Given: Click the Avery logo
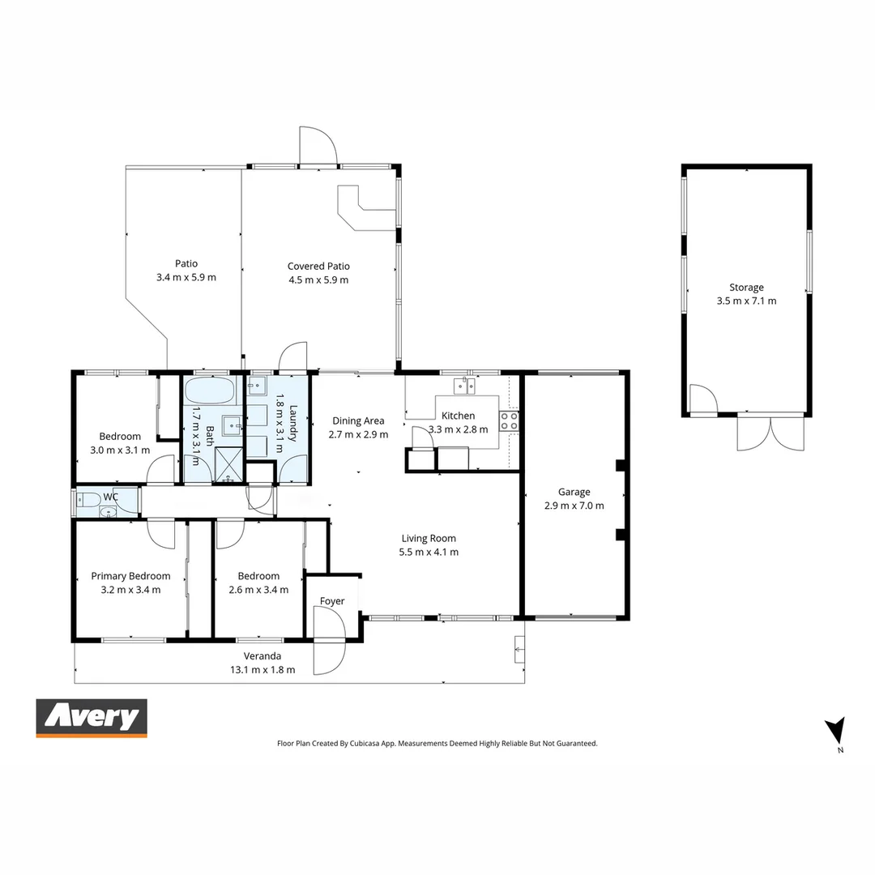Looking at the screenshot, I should (x=92, y=718).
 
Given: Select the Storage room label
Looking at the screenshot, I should (x=746, y=288).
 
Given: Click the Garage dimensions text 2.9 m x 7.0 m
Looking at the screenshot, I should (x=574, y=506).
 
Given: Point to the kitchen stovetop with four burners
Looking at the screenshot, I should (x=510, y=420).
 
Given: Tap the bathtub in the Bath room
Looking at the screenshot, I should (x=209, y=392).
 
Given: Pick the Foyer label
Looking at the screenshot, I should (x=332, y=601).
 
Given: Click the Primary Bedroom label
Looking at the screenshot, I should (x=130, y=576).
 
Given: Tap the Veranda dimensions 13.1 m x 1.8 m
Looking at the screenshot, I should (x=263, y=670).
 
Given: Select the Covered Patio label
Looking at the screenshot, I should (x=318, y=266).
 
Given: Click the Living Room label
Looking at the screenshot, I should (x=429, y=538).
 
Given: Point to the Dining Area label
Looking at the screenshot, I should (x=358, y=420).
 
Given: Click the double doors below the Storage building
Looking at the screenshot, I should (x=770, y=433).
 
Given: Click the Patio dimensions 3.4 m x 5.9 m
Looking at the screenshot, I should (x=186, y=277).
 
